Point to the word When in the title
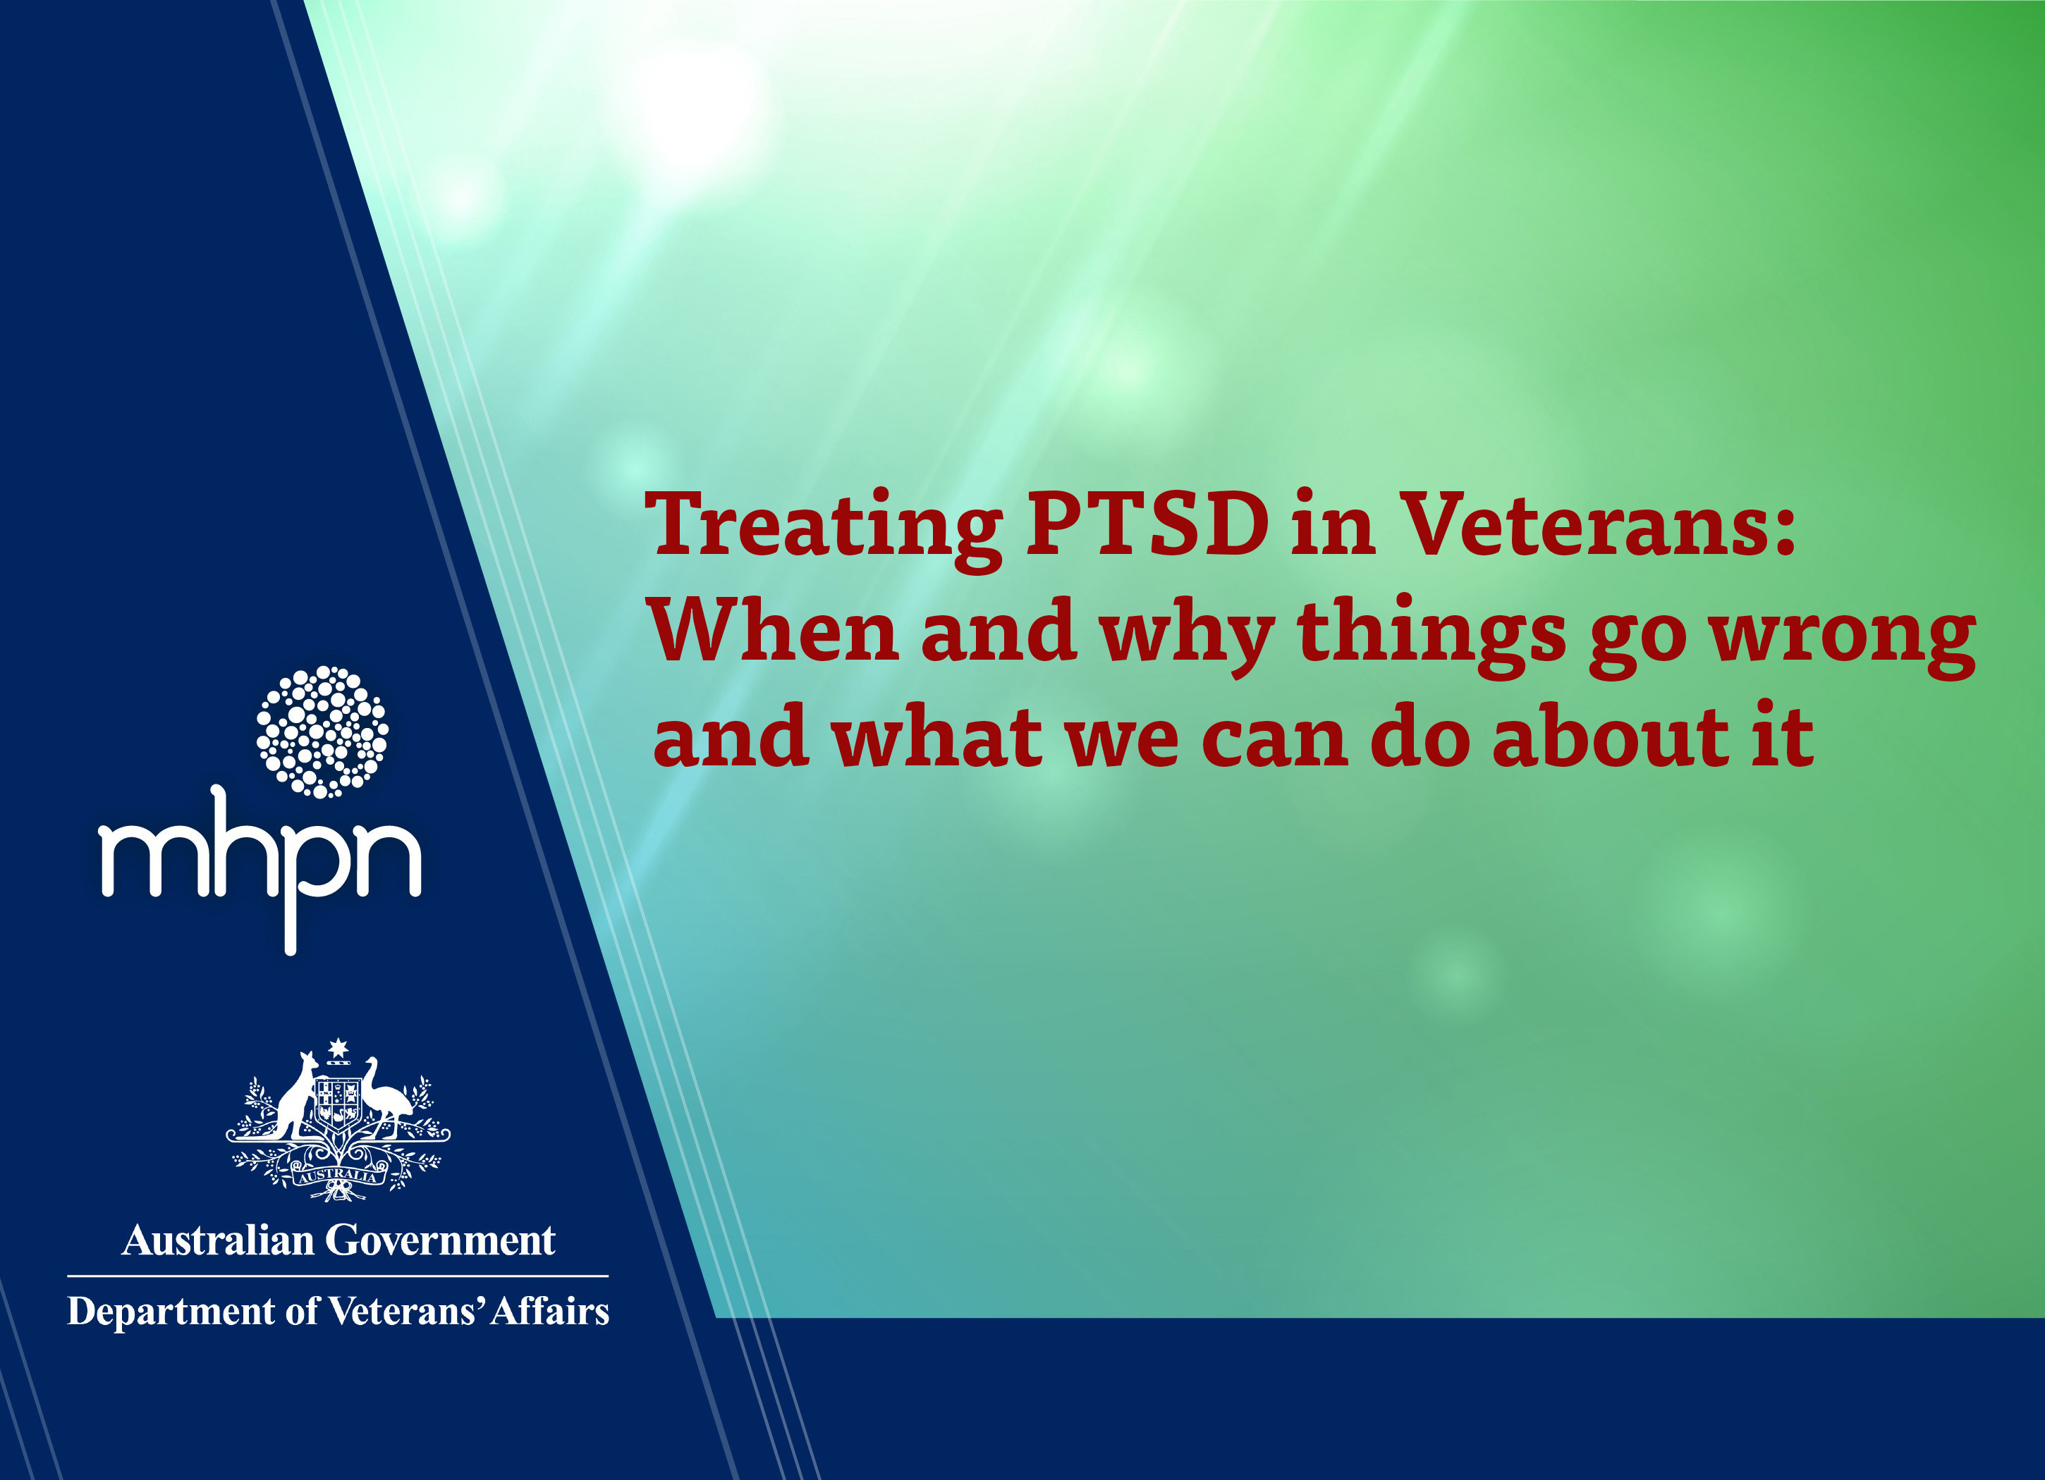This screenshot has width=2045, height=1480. click(x=772, y=630)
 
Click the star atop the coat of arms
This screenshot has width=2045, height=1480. click(x=338, y=1047)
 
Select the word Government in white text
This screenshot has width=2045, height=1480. click(x=440, y=1240)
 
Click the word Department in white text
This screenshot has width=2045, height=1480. click(x=171, y=1312)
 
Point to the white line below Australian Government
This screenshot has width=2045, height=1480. click(x=338, y=1276)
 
